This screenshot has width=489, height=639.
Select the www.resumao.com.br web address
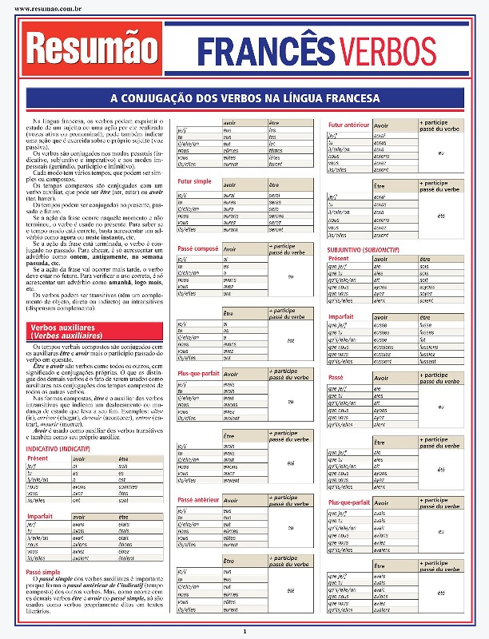click(46, 10)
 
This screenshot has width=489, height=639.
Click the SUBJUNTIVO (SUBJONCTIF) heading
click(364, 249)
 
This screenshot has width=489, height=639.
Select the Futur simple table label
click(194, 181)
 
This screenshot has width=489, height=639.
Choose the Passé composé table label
click(197, 249)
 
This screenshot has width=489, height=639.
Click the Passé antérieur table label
click(197, 499)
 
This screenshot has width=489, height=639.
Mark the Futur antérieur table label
click(348, 125)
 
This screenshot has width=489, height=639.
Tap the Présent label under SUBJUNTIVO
click(339, 259)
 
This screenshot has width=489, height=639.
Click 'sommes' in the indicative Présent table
click(128, 486)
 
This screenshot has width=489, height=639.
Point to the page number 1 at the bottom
click(245, 632)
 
